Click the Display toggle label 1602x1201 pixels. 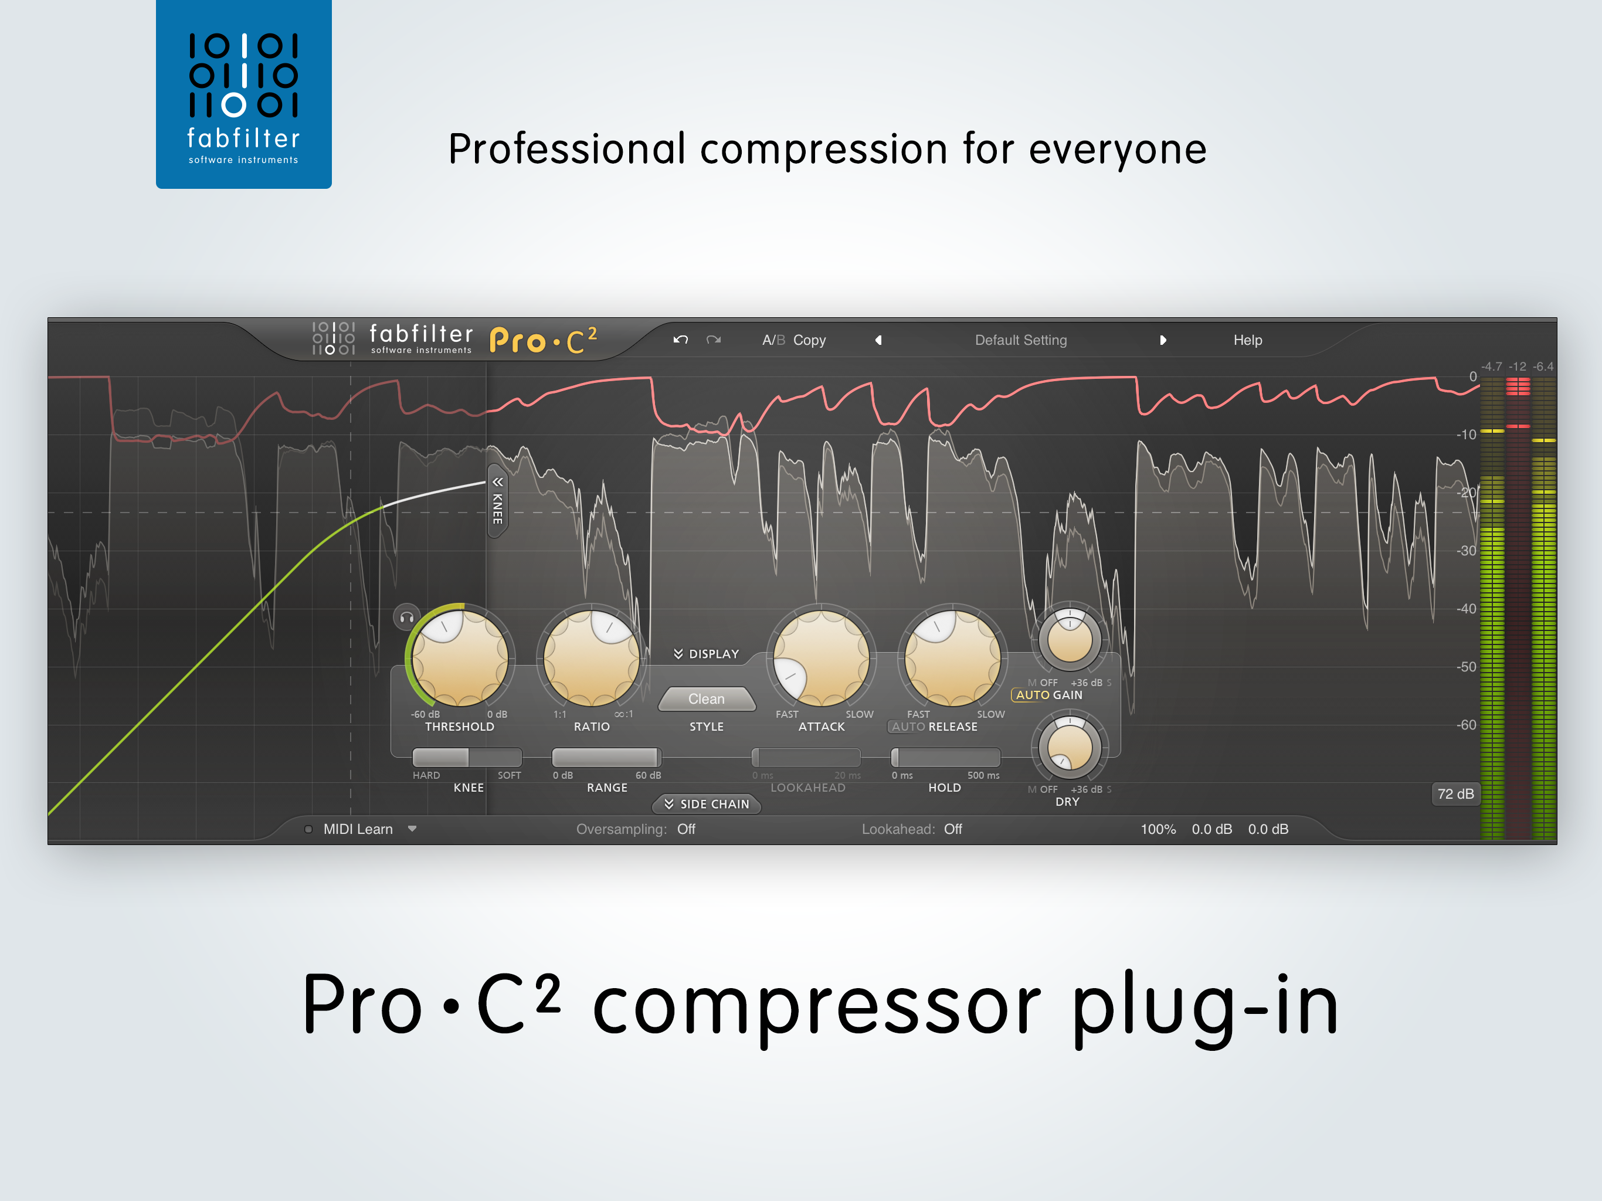706,654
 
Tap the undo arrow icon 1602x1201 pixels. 680,340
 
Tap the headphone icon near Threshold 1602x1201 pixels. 407,617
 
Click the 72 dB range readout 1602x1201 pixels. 1455,794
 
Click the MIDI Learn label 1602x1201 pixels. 358,829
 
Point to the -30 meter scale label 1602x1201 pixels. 1467,551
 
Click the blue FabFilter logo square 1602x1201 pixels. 243,94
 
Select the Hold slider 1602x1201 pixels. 945,758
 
